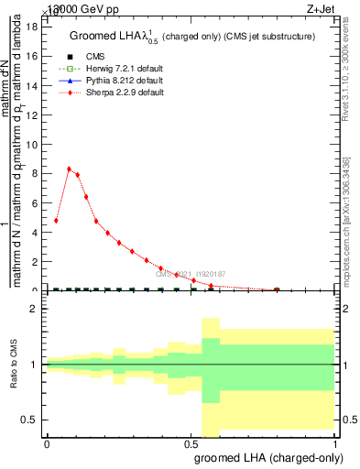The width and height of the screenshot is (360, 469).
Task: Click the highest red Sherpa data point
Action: click(69, 169)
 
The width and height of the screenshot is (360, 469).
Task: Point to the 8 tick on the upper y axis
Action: click(36, 173)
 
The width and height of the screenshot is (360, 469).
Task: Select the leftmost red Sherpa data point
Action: click(57, 220)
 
